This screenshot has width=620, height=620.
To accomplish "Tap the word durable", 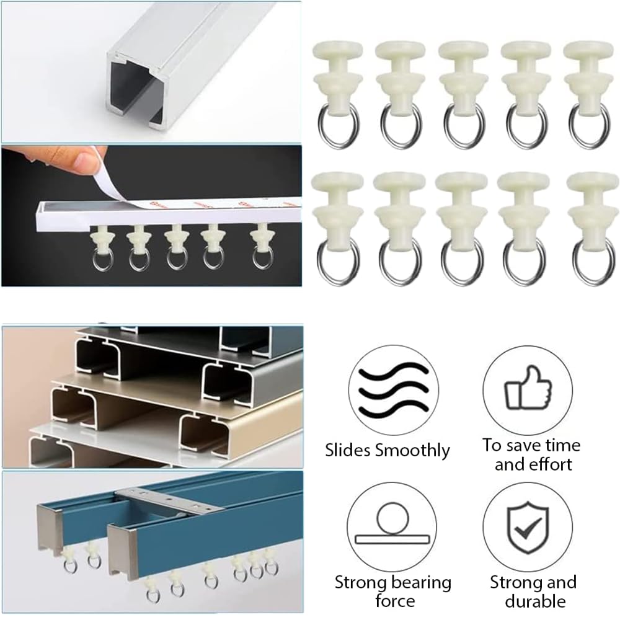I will click(x=534, y=600).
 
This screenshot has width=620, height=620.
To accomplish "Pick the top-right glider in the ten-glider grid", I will click(x=588, y=93).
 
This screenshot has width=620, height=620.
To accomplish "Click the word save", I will click(x=520, y=445).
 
